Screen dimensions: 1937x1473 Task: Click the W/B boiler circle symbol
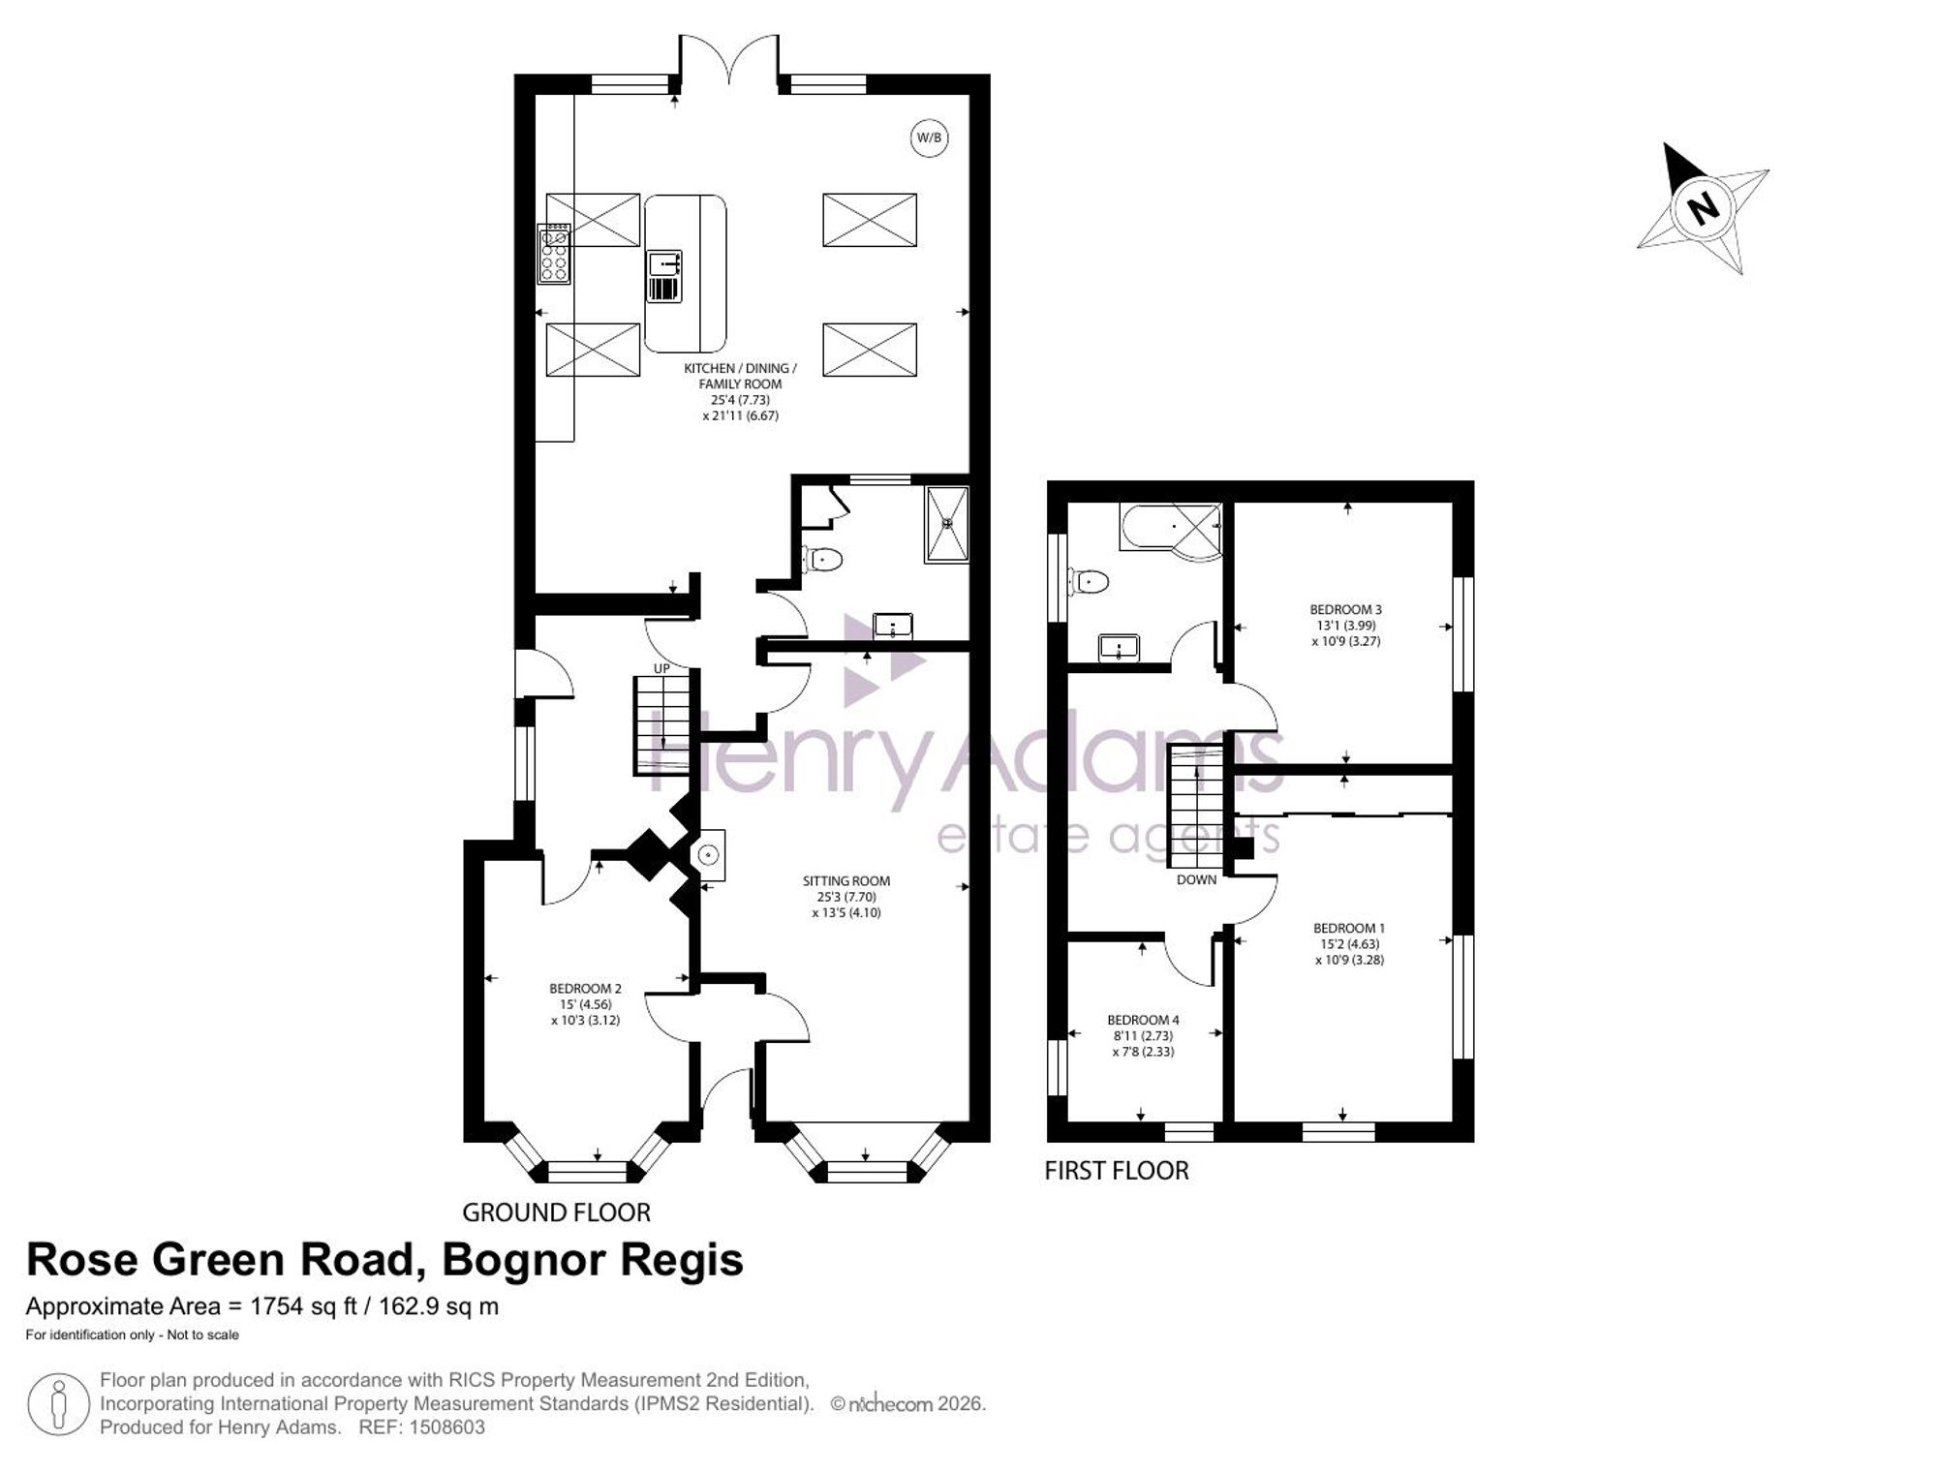pos(929,138)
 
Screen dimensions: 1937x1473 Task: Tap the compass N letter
pos(1702,207)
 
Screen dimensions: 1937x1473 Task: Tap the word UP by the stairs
pos(661,668)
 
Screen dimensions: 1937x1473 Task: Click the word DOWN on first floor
pos(1196,880)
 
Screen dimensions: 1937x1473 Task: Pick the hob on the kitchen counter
pos(555,254)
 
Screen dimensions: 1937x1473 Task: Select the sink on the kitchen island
pos(664,276)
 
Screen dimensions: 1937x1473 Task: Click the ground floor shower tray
pos(947,524)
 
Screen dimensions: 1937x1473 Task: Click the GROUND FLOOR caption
pos(556,1212)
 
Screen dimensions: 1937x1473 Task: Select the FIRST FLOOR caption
pos(1117,1171)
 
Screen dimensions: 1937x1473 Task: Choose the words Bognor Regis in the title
pos(593,1260)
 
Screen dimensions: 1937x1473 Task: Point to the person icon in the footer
pos(59,1403)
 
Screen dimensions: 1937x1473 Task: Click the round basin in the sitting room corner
pos(709,855)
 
